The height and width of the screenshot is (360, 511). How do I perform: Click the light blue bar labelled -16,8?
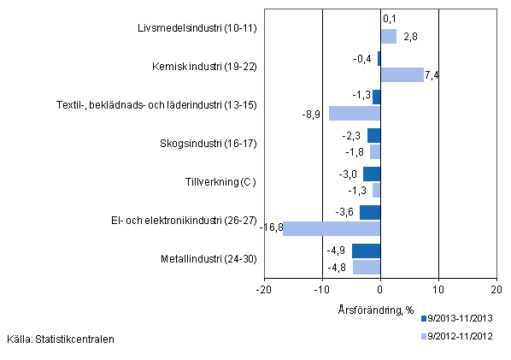pos(332,228)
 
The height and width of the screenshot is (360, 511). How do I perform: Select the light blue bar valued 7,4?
pos(402,74)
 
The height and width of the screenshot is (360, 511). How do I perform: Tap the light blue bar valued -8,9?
pos(355,113)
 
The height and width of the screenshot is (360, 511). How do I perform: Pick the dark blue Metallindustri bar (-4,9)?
pos(366,251)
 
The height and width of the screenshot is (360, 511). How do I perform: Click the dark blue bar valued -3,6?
pos(370,212)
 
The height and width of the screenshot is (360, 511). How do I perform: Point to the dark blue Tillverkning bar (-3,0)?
pos(372,174)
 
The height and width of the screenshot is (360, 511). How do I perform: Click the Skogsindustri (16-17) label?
pos(208,144)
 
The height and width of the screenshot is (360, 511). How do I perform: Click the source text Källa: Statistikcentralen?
pos(60,339)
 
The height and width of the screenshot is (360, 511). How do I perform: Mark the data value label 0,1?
pos(389,18)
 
